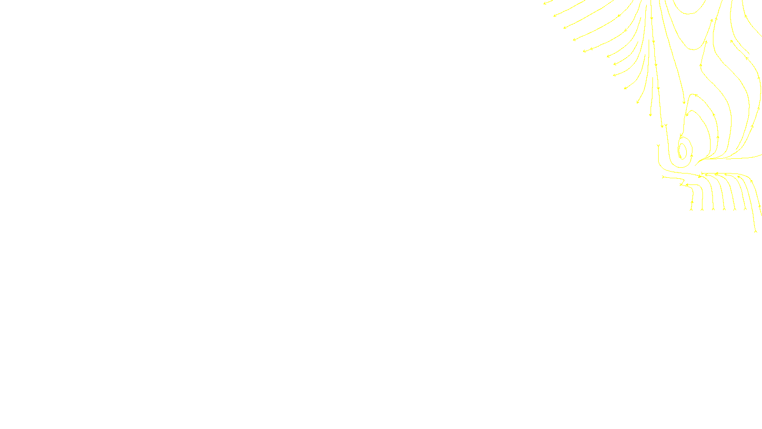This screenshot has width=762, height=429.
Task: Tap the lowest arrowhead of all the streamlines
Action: [x=756, y=231]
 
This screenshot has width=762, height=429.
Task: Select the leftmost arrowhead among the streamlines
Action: [x=545, y=3]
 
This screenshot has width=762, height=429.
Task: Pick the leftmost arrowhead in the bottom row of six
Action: [x=692, y=208]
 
